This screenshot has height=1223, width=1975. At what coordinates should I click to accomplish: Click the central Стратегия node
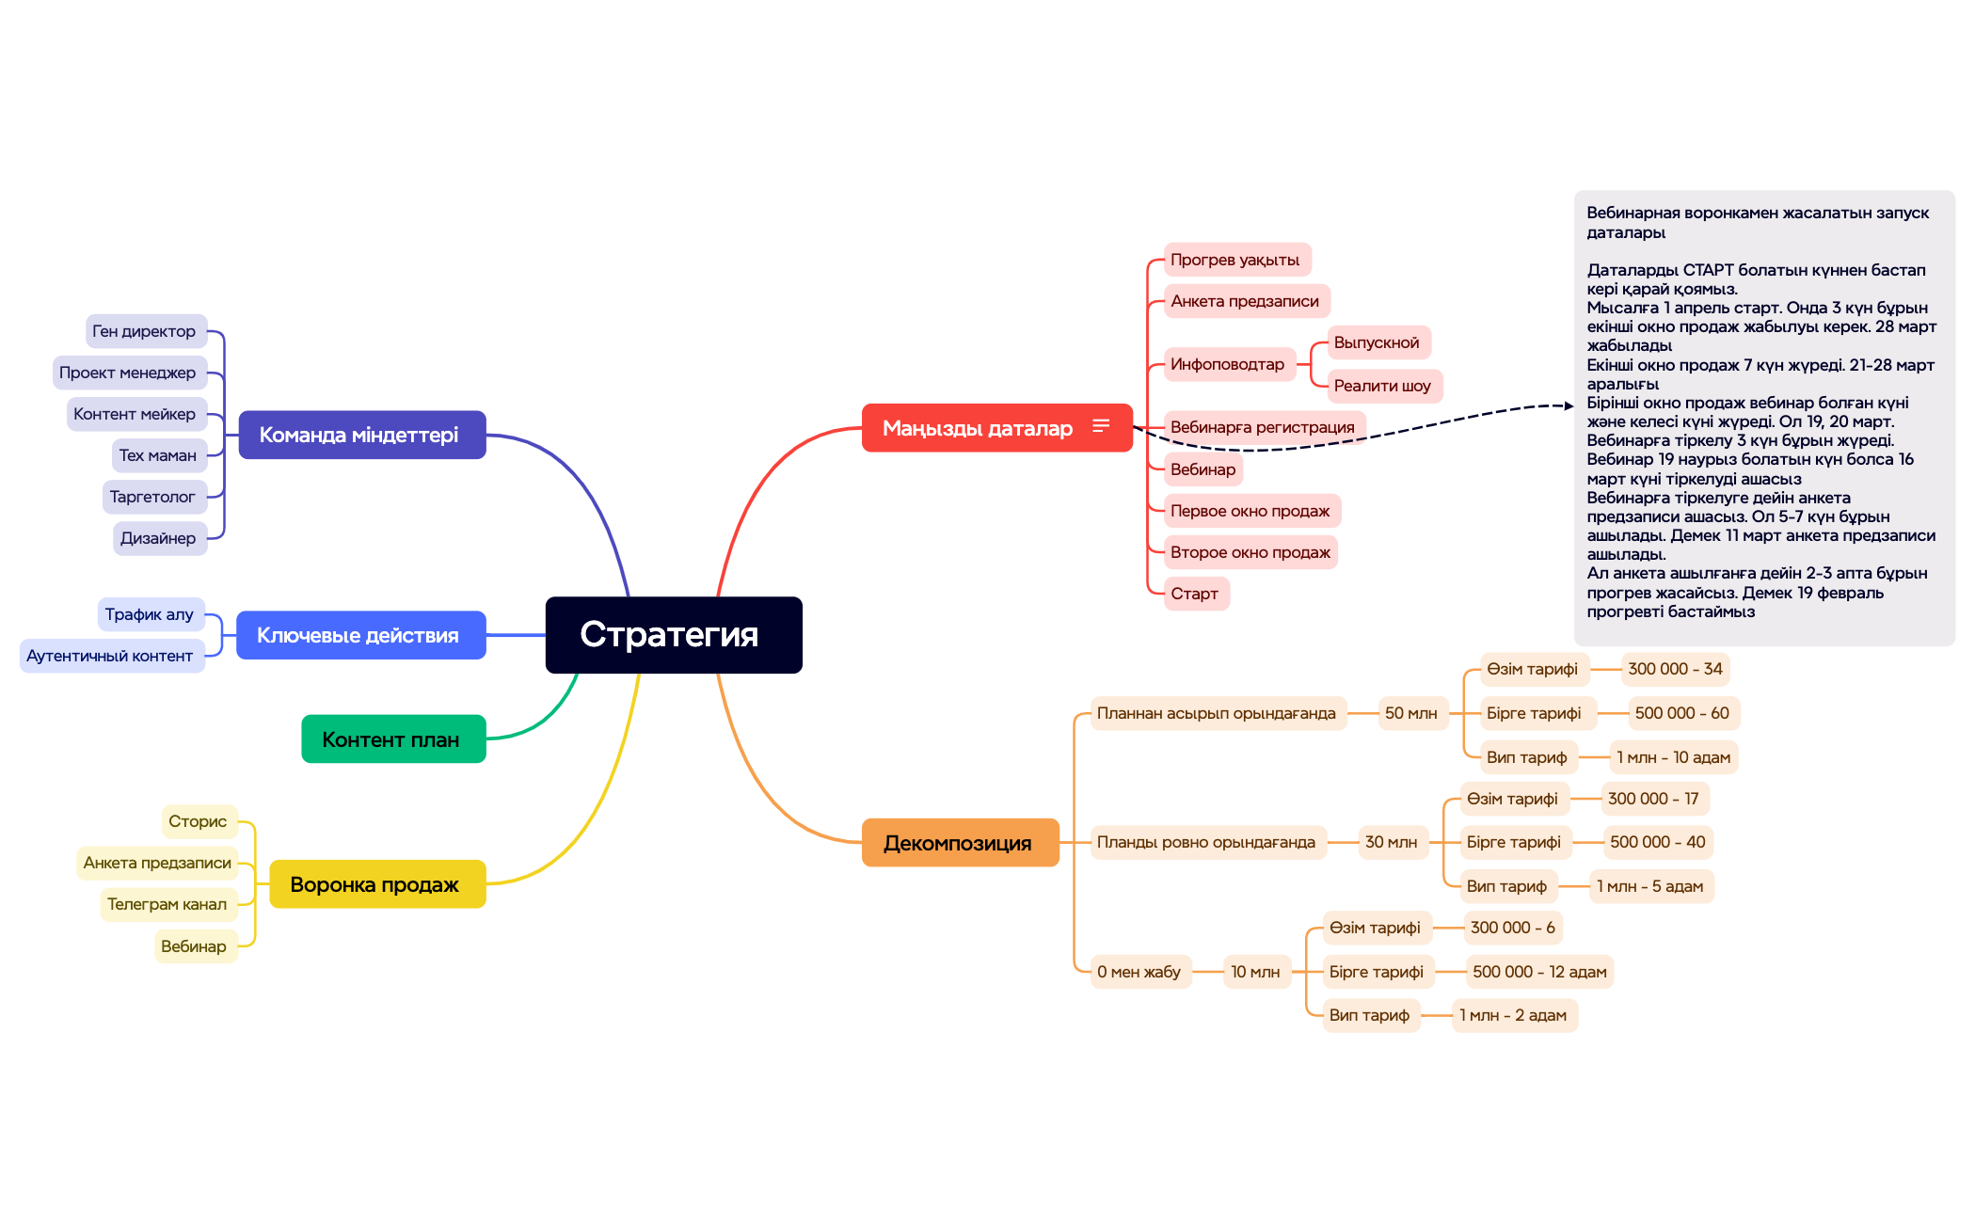point(673,635)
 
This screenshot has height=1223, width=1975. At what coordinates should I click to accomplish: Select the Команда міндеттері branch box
point(362,435)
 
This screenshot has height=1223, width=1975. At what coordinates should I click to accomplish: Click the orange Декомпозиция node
point(960,843)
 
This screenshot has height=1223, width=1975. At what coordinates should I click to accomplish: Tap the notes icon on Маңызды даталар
point(1101,426)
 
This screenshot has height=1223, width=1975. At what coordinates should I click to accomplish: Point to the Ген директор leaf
point(145,331)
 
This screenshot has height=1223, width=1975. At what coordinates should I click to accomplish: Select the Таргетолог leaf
point(153,497)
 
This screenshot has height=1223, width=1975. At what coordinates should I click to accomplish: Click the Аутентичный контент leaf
point(111,656)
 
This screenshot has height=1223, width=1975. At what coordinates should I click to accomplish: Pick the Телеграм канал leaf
point(167,904)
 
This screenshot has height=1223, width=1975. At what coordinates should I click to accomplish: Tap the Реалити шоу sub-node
point(1381,386)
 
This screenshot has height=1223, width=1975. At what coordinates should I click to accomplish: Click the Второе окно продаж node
point(1250,552)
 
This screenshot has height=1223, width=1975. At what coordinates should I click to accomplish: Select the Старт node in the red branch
point(1195,594)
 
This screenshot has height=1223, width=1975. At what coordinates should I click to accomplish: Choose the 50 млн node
point(1410,713)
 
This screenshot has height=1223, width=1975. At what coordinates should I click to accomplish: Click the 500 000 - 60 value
point(1681,713)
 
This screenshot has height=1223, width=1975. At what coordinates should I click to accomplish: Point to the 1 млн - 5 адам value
point(1649,886)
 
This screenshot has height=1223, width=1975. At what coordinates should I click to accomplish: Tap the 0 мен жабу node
point(1139,972)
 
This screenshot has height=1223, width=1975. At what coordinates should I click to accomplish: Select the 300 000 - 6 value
point(1512,928)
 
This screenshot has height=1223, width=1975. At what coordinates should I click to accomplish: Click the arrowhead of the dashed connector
point(1569,406)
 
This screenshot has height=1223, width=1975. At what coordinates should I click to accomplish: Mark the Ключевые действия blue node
point(360,635)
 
